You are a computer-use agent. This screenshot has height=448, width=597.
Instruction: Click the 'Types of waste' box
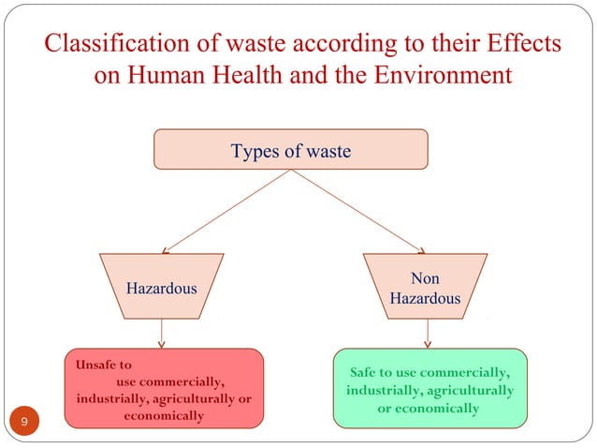click(x=290, y=149)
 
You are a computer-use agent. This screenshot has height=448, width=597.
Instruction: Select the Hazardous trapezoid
click(x=162, y=288)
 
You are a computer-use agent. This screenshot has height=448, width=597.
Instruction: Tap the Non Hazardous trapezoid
click(x=425, y=288)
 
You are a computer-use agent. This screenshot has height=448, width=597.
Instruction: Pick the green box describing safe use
click(x=430, y=388)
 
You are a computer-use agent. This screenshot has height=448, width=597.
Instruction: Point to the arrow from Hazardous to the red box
click(x=163, y=332)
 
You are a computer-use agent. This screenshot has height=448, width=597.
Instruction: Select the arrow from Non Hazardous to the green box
click(x=428, y=332)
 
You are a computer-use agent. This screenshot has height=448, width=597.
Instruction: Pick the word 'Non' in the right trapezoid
click(x=425, y=278)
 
